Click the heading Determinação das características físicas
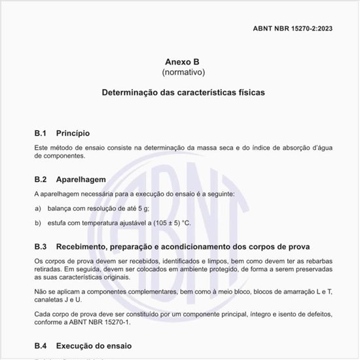click(183, 93)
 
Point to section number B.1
click(41, 133)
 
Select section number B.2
click(41, 179)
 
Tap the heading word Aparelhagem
click(81, 179)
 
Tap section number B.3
click(41, 247)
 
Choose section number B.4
click(41, 345)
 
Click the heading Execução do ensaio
click(94, 345)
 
